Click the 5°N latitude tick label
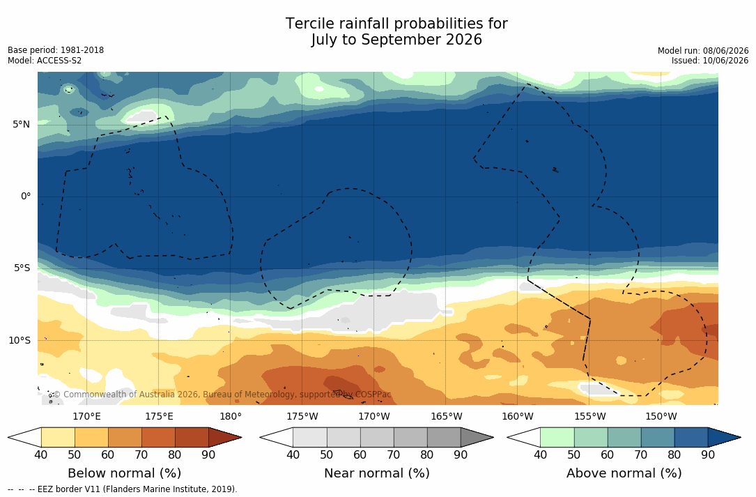[x=21, y=125]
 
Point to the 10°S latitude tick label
[x=20, y=341]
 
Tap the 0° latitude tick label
[x=26, y=197]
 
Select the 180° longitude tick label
[x=231, y=416]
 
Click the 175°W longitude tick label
[x=302, y=416]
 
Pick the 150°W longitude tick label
[x=661, y=416]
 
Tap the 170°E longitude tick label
[x=87, y=416]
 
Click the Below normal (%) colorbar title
[x=125, y=473]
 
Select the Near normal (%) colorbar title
[x=376, y=473]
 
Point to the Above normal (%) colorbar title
[x=624, y=473]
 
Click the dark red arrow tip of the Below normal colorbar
[x=240, y=438]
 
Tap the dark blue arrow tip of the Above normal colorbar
[x=739, y=438]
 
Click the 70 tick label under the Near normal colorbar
[x=394, y=454]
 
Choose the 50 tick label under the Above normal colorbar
[x=573, y=454]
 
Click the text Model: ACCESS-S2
[x=45, y=61]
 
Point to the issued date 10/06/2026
[x=725, y=61]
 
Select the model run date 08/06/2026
[x=725, y=51]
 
